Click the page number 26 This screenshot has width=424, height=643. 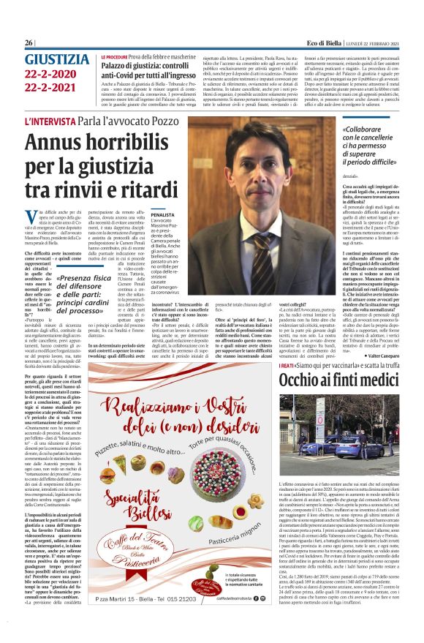point(29,42)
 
